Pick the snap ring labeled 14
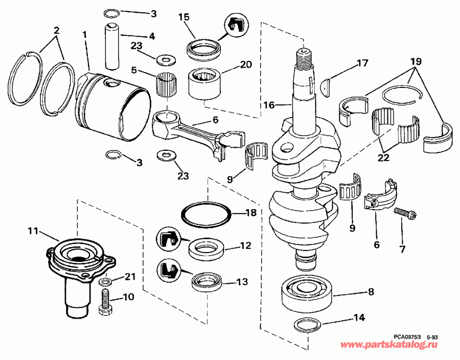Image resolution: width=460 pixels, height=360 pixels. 307,325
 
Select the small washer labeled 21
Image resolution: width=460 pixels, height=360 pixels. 105,282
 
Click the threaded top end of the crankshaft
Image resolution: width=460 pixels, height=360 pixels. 303,57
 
